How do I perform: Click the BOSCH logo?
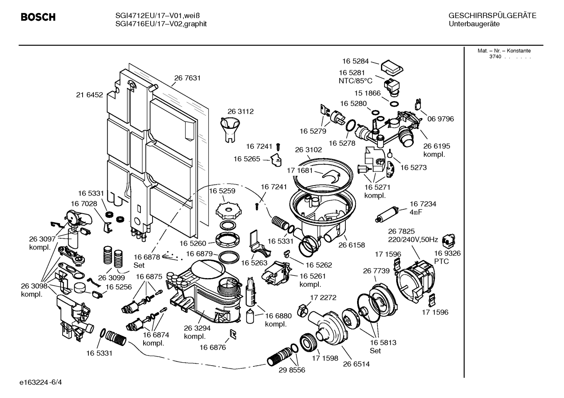38,17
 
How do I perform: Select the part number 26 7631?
187,78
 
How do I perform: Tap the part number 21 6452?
90,95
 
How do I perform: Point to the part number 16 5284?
355,61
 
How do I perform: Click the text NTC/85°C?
355,81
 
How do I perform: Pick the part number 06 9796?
441,119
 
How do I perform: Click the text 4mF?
416,212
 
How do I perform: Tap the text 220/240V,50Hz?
413,240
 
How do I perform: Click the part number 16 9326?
447,253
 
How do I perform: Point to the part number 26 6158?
352,245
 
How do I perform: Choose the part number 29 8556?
292,370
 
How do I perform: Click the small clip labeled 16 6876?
233,334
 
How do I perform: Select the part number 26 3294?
197,328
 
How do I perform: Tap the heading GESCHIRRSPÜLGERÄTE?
492,16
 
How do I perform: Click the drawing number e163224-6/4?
41,382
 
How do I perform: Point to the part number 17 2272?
323,298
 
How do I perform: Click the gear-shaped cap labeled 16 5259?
228,211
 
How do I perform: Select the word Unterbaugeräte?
474,24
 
